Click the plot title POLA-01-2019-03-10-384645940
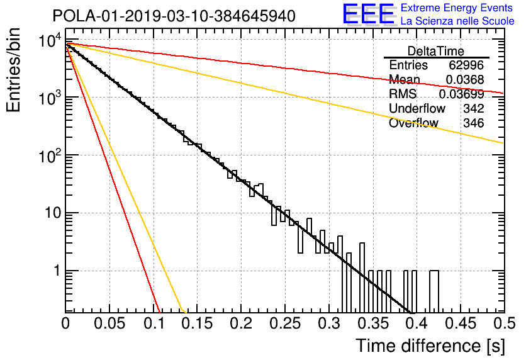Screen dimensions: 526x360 tap(174, 16)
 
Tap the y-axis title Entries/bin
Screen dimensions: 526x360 tap(13, 70)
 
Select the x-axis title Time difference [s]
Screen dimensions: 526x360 tap(430, 346)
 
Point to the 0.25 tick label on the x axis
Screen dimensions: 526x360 tap(285, 323)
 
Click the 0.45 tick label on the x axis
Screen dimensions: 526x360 tap(461, 323)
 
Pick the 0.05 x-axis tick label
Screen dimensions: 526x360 tap(109, 323)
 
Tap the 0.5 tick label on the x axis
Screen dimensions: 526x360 tap(505, 323)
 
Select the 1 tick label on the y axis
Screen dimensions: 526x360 tap(57, 271)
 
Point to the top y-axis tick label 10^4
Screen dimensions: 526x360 tap(50, 41)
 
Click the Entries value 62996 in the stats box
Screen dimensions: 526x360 tap(466, 65)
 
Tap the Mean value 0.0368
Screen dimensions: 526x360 tap(465, 79)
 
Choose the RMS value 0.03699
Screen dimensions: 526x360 tap(462, 94)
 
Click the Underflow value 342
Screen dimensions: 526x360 tap(474, 108)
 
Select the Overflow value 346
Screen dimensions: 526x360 tap(474, 123)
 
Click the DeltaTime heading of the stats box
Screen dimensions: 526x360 tap(436, 51)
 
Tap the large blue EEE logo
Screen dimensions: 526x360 tap(369, 14)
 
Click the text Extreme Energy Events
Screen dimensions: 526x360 tap(457, 8)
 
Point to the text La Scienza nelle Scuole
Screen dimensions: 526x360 tap(457, 21)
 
